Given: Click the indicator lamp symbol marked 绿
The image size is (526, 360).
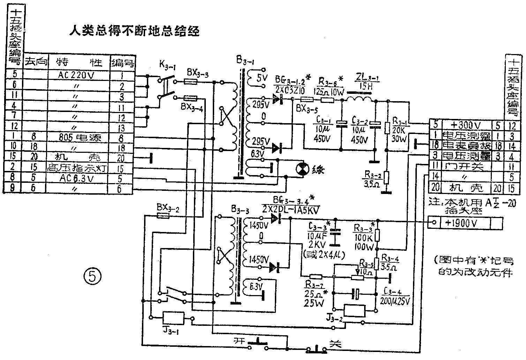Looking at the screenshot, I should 302,169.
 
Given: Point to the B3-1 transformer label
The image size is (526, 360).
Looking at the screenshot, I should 245,62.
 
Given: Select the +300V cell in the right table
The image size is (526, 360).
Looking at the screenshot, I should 466,125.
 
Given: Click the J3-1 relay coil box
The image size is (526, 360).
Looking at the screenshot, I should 174,318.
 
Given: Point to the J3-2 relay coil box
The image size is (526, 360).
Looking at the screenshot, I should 354,310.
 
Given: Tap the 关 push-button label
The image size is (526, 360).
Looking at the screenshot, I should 335,344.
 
